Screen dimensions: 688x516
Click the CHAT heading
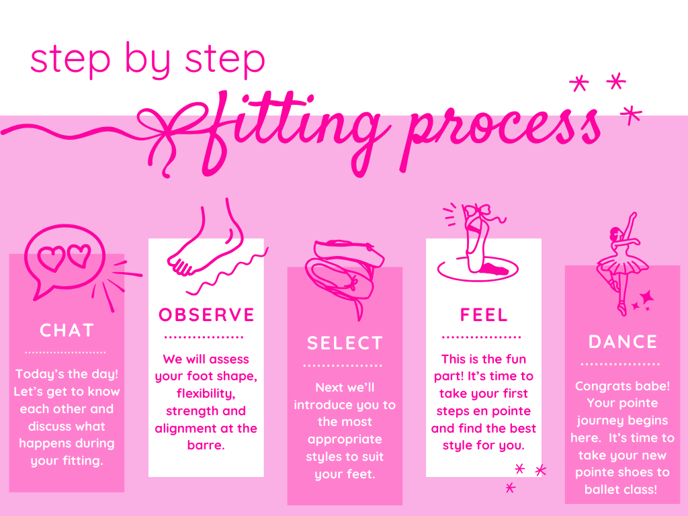tap(67, 331)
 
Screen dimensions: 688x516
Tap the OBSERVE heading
tap(206, 314)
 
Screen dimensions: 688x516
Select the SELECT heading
tap(345, 343)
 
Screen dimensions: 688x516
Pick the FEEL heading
tap(484, 314)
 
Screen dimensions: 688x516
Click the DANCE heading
tap(623, 342)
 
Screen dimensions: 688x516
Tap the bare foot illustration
tap(210, 246)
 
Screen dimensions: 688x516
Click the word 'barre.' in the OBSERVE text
tap(206, 445)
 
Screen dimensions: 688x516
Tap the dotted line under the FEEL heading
tap(481, 337)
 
